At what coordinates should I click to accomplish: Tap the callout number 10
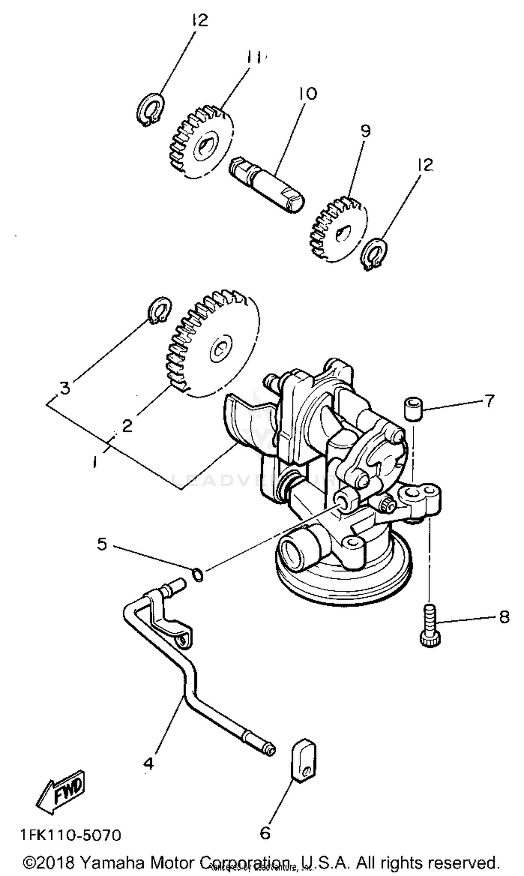click(308, 94)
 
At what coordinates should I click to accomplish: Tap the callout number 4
click(149, 764)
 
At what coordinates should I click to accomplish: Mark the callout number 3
click(65, 388)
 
